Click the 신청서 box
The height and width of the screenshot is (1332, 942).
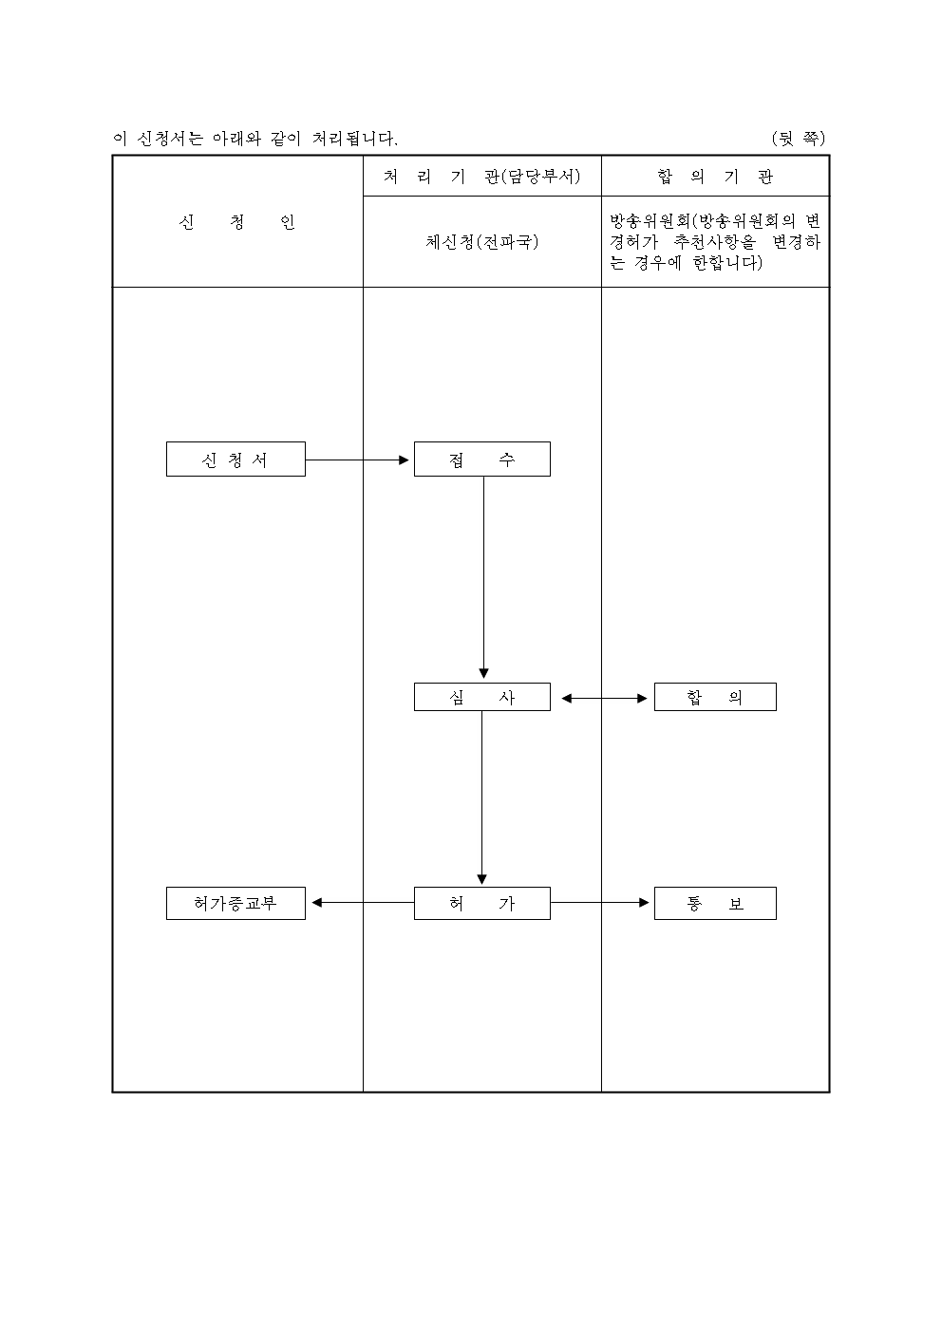pos(235,460)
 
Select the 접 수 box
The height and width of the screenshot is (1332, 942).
pos(481,460)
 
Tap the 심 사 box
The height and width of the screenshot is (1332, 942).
pos(481,697)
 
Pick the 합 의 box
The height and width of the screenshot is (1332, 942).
pos(714,697)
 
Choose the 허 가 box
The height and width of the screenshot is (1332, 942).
pos(481,903)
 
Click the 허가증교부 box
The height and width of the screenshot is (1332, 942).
pos(235,903)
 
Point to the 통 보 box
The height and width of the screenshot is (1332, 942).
pos(714,903)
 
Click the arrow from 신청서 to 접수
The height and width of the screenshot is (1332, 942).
pos(358,460)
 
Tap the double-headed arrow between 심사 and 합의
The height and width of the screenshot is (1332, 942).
pos(603,698)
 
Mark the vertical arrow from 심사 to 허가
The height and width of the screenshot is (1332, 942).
pos(481,797)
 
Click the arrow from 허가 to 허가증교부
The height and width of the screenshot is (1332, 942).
pos(362,903)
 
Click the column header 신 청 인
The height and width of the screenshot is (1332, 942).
pos(237,223)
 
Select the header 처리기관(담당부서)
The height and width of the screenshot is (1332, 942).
pos(481,177)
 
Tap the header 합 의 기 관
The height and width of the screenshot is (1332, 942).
pos(714,177)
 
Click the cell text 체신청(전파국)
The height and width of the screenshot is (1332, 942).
pos(481,242)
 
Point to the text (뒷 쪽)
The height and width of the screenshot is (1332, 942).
pos(798,139)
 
